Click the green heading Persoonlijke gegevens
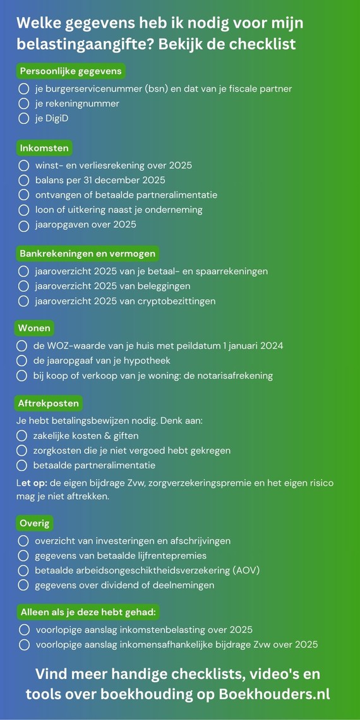click(71, 71)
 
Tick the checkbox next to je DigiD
click(24, 118)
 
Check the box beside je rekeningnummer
click(24, 103)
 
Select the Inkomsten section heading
click(44, 148)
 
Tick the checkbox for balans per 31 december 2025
click(24, 180)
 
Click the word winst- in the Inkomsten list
click(49, 165)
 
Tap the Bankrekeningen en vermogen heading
click(87, 253)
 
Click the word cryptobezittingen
click(177, 301)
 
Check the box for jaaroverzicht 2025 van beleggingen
click(24, 286)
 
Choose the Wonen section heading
click(34, 328)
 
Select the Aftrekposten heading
click(49, 402)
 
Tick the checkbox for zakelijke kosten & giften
click(22, 435)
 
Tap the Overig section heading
click(34, 524)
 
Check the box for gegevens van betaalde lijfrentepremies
click(24, 556)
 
